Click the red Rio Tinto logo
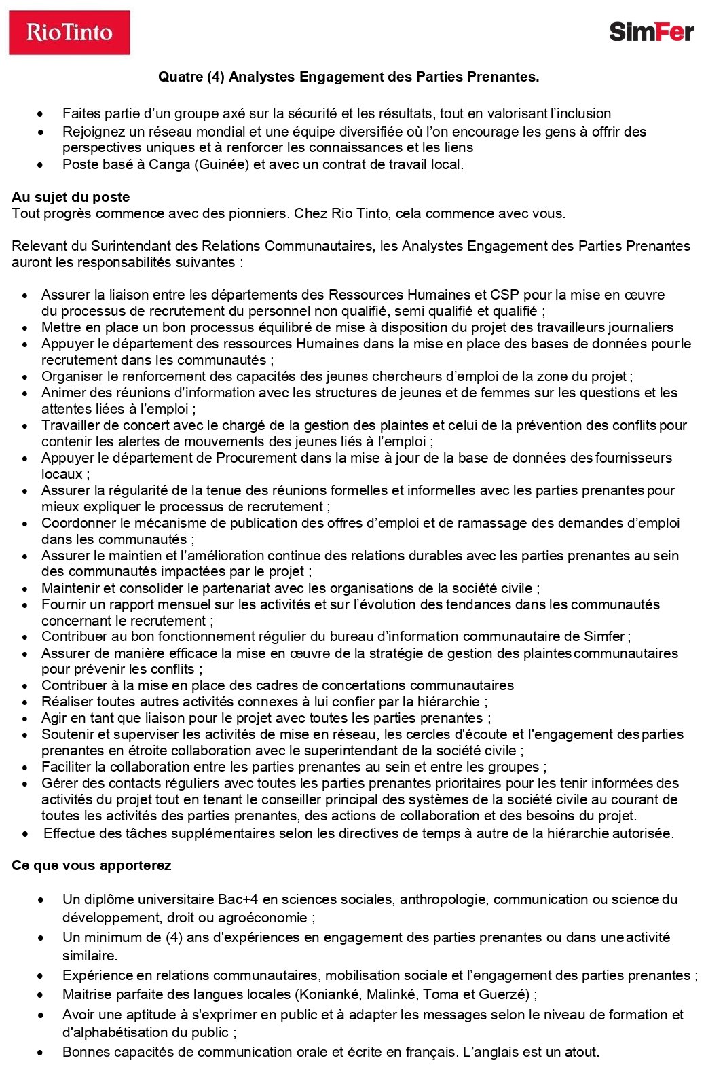[69, 32]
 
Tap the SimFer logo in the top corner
[651, 32]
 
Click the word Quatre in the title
[180, 77]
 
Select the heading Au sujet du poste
[71, 197]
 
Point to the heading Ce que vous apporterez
[91, 865]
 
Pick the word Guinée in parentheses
[221, 164]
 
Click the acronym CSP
[504, 295]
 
